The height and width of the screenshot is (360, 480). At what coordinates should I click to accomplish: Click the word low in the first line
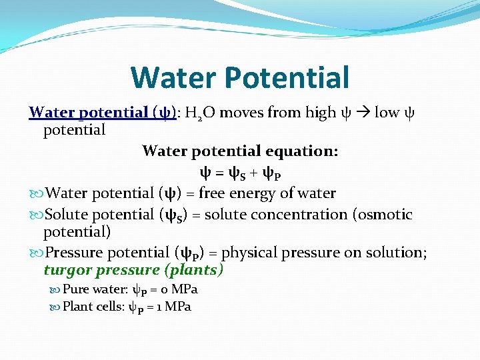point(387,113)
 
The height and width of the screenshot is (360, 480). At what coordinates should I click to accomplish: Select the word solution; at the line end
point(397,253)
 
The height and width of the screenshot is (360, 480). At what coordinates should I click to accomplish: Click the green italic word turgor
point(68,271)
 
